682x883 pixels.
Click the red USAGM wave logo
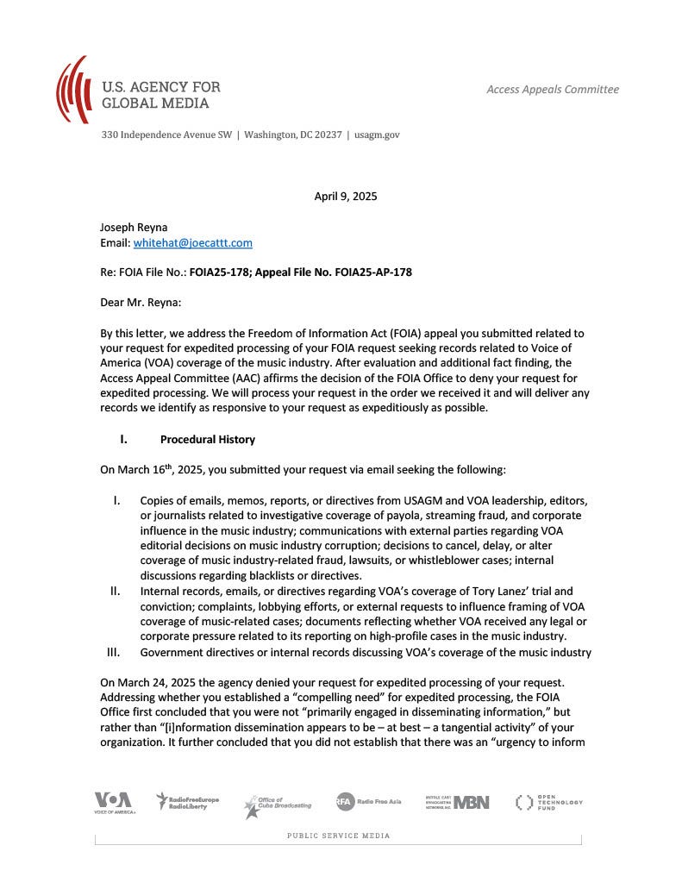[x=73, y=89]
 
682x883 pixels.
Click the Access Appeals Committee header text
[x=553, y=89]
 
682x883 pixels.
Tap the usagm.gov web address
[x=377, y=135]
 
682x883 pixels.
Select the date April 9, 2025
[x=345, y=196]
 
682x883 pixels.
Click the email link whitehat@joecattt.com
[x=192, y=243]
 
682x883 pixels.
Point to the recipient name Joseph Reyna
[x=134, y=227]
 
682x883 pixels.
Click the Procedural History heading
[x=207, y=439]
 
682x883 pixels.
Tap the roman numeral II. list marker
[x=115, y=592]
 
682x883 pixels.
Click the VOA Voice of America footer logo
[x=113, y=803]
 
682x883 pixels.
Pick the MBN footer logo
[x=457, y=802]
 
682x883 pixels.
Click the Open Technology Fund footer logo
[x=548, y=802]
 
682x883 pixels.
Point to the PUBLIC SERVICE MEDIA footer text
[x=338, y=836]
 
